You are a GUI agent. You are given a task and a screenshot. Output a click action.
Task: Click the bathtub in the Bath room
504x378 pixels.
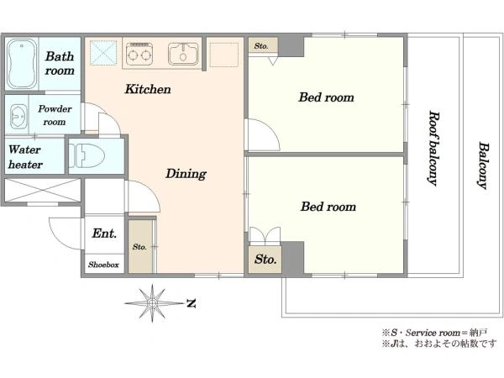pos(21,64)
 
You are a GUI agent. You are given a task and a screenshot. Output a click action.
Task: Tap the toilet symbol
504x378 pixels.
pos(87,155)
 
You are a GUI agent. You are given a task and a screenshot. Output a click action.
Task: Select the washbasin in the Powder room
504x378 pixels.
pos(17,116)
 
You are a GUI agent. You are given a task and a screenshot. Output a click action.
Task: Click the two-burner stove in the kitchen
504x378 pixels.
pos(139,54)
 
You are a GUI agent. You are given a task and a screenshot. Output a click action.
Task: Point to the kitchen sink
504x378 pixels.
pos(183,54)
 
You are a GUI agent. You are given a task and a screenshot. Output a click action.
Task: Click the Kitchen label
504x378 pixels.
pos(148,89)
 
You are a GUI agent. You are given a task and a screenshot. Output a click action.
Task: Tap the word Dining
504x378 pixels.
pos(186,174)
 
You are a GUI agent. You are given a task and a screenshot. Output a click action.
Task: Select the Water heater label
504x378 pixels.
pos(25,157)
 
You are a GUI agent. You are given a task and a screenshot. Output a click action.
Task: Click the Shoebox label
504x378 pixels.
pos(103,265)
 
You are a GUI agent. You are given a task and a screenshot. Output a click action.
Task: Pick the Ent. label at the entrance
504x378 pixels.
pos(104,234)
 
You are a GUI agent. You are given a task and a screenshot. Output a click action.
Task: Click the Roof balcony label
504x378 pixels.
pos(433,149)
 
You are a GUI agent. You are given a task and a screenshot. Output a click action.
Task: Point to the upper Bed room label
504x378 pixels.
pos(326,97)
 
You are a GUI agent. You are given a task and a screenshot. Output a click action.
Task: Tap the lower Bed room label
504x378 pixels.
pos(328,207)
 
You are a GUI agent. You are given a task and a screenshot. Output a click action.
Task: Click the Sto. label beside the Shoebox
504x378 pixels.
pos(139,247)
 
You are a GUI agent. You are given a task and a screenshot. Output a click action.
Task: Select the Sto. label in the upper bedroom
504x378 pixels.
pos(261,46)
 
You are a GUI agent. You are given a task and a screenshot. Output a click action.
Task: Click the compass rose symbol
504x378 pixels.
pos(152,302)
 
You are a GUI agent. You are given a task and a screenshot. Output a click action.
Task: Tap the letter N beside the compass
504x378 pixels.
pos(192,303)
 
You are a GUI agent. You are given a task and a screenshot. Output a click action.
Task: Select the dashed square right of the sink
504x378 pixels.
pos(224,55)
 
